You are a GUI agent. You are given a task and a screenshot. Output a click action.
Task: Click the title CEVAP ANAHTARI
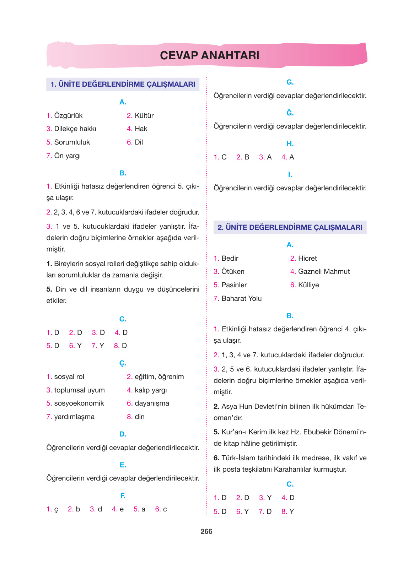209,55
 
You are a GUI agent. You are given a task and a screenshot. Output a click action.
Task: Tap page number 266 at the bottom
206,531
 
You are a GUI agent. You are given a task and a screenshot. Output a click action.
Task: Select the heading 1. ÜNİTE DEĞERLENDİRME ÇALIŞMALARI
123,84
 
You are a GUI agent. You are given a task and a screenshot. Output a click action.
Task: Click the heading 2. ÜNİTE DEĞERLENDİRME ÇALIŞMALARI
290,227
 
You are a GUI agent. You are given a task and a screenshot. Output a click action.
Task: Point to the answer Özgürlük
68,115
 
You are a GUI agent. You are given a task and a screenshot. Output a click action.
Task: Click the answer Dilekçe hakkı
75,129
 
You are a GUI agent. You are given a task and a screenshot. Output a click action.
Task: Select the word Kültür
144,115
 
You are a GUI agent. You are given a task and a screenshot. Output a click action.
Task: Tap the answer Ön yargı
67,156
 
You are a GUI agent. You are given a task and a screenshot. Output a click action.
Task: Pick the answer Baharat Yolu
241,298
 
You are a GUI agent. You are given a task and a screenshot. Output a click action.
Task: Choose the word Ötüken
233,271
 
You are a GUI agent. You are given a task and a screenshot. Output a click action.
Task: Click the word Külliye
308,285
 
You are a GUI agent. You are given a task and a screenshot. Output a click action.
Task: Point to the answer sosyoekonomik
79,403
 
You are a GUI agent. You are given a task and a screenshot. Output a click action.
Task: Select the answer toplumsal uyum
79,390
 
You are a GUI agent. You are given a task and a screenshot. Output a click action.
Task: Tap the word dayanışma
152,403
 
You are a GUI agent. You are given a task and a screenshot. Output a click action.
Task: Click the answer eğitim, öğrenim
159,376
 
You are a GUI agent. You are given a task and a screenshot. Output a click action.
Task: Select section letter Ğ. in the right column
290,113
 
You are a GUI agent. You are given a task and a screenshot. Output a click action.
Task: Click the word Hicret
307,258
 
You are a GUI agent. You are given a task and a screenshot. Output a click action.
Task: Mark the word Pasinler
234,285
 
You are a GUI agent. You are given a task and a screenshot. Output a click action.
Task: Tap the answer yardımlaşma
74,417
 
